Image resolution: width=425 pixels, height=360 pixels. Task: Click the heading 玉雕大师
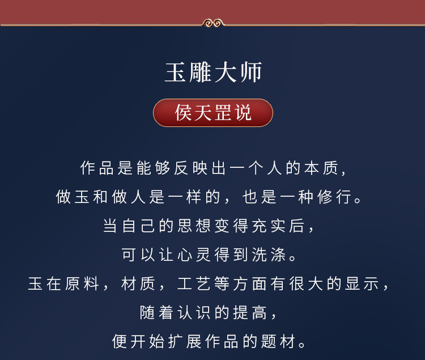coord(212,74)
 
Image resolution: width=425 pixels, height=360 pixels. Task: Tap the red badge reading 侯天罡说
coord(212,113)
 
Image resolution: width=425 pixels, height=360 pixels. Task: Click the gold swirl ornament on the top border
coord(212,23)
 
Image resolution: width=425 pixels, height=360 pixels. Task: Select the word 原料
coord(74,284)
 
